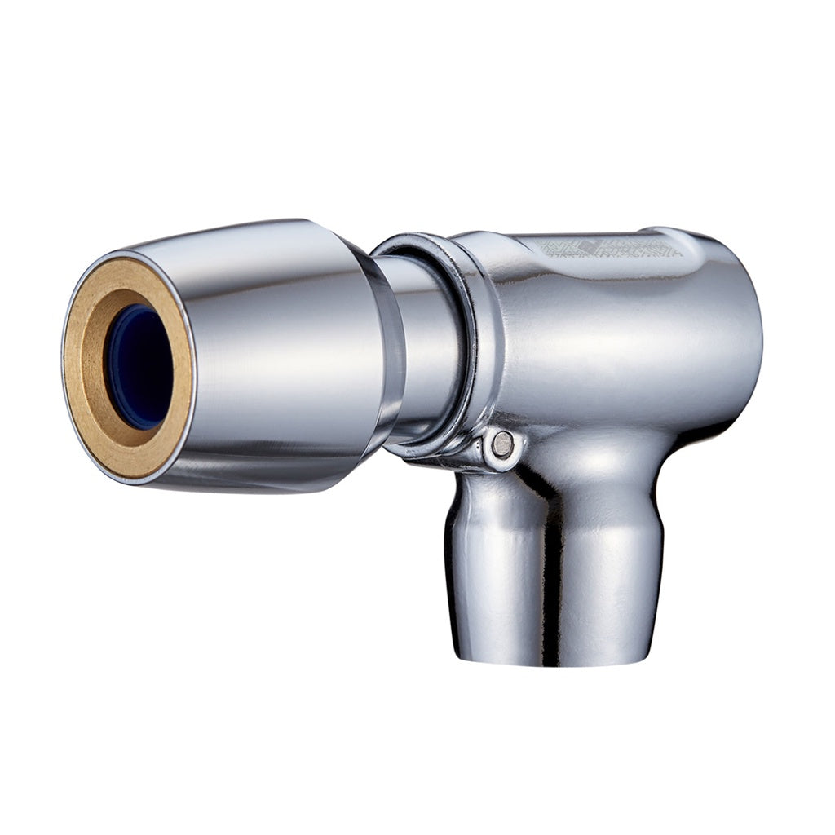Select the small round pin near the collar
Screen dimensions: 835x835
tap(503, 444)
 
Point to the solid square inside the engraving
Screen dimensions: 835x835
tap(589, 245)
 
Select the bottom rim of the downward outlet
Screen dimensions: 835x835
tap(554, 659)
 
